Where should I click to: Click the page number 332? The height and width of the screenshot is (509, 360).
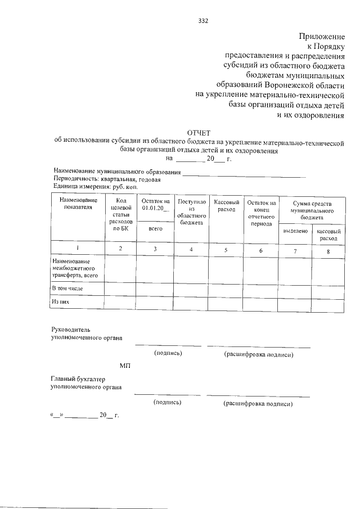pos(204,21)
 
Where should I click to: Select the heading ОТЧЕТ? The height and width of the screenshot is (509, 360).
pos(199,133)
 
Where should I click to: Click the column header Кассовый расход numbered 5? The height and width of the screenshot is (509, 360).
pos(227,205)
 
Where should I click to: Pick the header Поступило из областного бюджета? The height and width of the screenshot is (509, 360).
pos(191,212)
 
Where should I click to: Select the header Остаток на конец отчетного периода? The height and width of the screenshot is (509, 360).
pos(260,212)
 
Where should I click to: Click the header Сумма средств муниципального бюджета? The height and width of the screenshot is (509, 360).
pos(311,209)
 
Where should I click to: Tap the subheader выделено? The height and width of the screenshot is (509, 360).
pos(295,231)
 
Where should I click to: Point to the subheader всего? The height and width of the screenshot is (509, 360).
pos(155,229)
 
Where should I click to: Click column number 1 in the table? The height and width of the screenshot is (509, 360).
pos(78,249)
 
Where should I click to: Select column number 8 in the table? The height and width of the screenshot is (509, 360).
pos(328,250)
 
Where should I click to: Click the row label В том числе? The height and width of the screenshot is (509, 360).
pos(66,288)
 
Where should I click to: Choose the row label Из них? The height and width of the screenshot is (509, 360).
pos(60,302)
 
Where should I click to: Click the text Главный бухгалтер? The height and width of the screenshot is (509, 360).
pos(77,380)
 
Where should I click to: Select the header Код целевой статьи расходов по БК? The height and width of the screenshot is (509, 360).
pos(121,215)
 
